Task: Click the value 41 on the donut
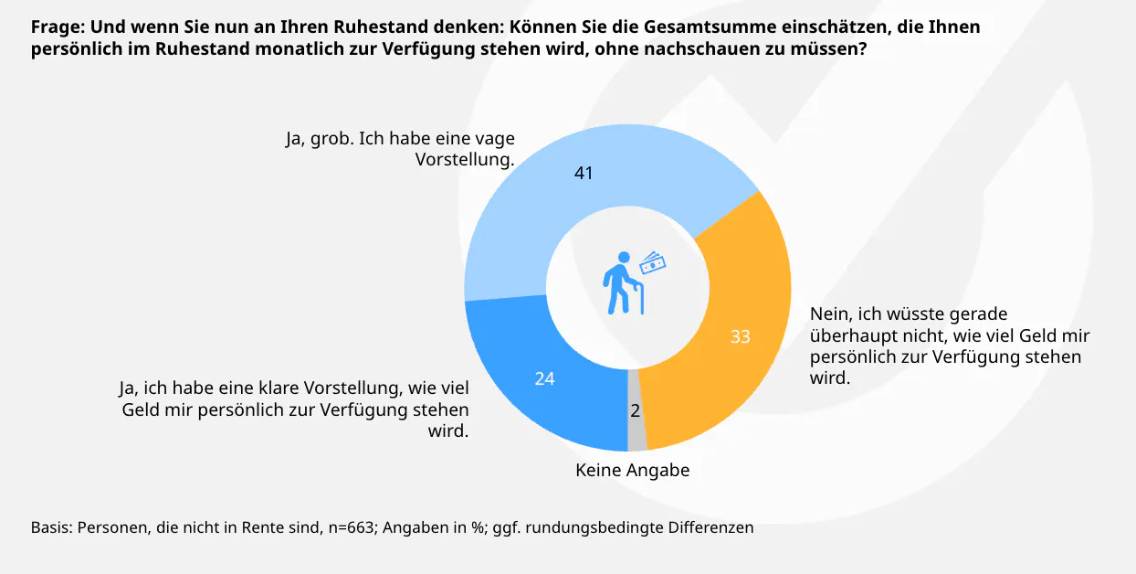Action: (x=584, y=172)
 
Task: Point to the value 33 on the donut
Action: (x=740, y=336)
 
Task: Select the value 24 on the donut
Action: (x=544, y=377)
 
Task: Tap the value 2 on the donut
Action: (x=636, y=410)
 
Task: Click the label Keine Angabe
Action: (x=632, y=471)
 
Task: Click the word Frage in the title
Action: (x=56, y=27)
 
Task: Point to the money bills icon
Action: (x=652, y=263)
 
